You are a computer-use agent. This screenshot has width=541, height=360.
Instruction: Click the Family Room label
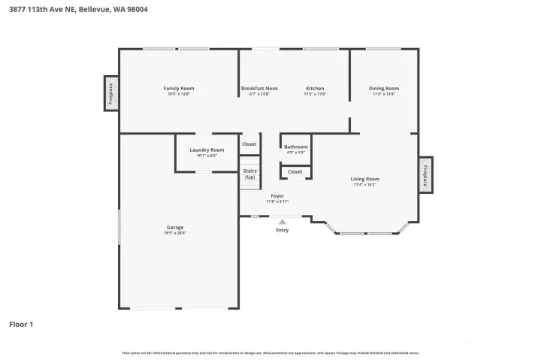pos(178,89)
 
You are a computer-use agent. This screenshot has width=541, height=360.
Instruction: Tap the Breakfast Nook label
pos(259,89)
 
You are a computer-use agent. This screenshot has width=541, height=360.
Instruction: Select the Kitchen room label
pos(315,89)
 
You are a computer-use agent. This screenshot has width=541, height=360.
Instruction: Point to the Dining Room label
pos(383,89)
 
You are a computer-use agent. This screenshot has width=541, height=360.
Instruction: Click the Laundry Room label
pos(207,150)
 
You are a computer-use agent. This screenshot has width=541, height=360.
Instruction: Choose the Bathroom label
pos(295,147)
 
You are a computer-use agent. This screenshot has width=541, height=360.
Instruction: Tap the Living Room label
pos(364,179)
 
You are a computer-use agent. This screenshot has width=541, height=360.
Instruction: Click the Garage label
pos(175,227)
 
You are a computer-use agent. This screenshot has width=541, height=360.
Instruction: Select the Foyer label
pos(277,195)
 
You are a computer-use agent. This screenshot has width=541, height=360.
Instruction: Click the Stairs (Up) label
pos(249,174)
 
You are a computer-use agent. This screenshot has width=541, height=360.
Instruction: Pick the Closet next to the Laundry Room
pos(249,144)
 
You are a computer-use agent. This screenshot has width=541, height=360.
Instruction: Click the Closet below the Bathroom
pos(295,171)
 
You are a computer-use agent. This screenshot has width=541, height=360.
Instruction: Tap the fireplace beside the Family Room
pos(111,93)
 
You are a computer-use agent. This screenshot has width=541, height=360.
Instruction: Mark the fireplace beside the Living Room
pos(425,174)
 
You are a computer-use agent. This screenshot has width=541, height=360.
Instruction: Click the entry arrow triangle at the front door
pos(282,222)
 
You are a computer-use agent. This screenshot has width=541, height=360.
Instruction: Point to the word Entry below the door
pos(282,230)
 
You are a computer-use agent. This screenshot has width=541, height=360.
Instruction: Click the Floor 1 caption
pos(21,325)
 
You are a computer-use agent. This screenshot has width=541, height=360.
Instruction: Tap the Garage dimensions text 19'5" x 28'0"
pos(175,233)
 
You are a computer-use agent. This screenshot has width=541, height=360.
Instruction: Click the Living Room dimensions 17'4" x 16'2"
pos(364,185)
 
